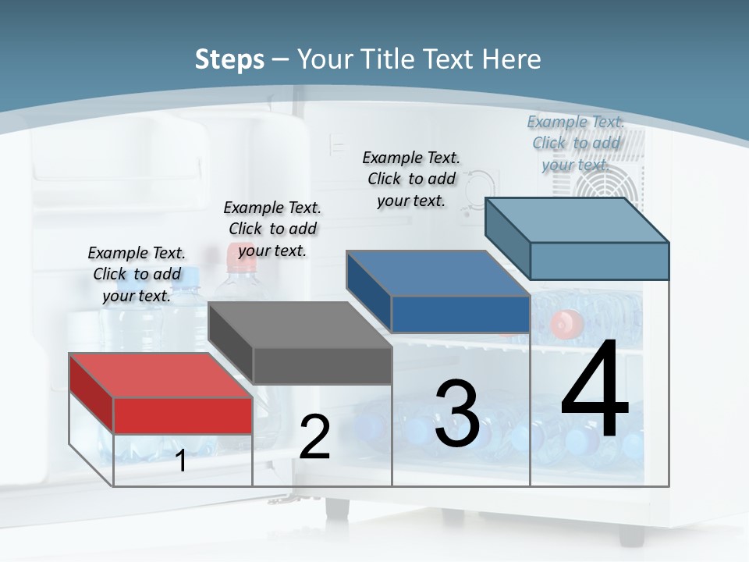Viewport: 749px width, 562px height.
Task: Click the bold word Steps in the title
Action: [x=229, y=59]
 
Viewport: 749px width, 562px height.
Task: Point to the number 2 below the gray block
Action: [x=315, y=437]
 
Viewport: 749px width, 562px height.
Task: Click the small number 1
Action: [x=181, y=461]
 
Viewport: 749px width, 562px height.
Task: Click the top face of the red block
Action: [x=160, y=375]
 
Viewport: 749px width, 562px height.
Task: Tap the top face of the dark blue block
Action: [x=438, y=273]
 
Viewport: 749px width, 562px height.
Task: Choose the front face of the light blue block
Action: [x=599, y=261]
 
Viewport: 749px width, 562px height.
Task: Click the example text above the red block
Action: [x=137, y=274]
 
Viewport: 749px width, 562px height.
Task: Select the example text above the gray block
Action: [x=272, y=229]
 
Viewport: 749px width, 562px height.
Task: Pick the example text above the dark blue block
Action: [x=411, y=179]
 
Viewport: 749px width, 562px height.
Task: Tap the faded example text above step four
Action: [x=576, y=143]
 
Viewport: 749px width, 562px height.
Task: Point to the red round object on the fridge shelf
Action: [x=567, y=323]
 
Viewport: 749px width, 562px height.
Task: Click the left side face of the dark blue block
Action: [x=369, y=292]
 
